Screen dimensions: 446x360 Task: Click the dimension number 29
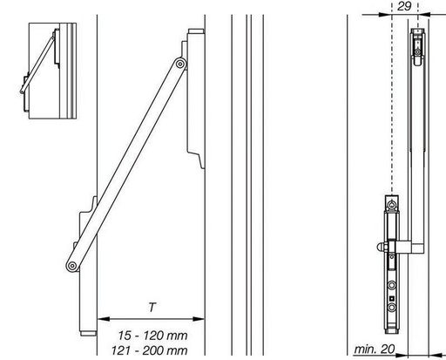(404, 6)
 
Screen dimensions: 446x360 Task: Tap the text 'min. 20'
(375, 349)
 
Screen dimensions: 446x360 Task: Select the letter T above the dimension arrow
(152, 307)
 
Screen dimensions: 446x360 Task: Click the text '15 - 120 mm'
(152, 336)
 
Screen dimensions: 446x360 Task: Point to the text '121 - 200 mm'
(150, 350)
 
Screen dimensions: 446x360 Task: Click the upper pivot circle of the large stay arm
(180, 64)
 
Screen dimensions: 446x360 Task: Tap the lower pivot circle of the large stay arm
(71, 266)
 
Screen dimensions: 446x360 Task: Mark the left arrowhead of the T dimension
(104, 319)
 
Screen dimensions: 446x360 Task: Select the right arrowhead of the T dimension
(199, 319)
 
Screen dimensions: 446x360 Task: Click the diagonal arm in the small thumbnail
(37, 64)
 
